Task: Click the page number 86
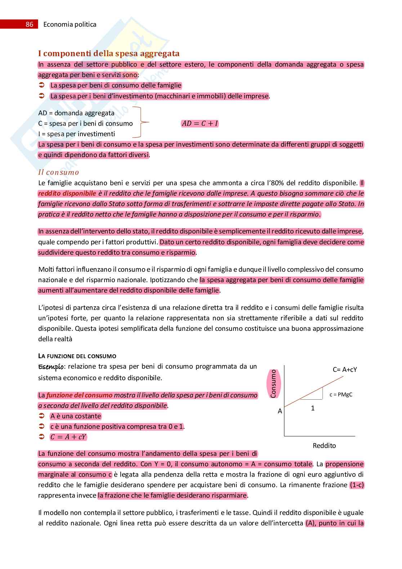[x=29, y=25]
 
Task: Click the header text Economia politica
[x=70, y=25]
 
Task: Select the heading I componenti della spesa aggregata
[x=109, y=54]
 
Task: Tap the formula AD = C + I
[x=200, y=124]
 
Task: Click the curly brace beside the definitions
[x=140, y=123]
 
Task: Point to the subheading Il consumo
[x=58, y=172]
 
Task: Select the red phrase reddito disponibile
[x=67, y=193]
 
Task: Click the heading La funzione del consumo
[x=77, y=356]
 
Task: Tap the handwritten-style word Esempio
[x=51, y=367]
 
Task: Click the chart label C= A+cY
[x=345, y=369]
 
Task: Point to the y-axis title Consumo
[x=273, y=384]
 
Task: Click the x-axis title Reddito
[x=324, y=445]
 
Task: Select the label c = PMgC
[x=341, y=394]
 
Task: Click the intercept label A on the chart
[x=280, y=411]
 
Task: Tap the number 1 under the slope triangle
[x=313, y=408]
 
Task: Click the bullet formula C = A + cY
[x=68, y=437]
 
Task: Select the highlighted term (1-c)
[x=357, y=485]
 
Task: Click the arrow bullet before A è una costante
[x=41, y=416]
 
